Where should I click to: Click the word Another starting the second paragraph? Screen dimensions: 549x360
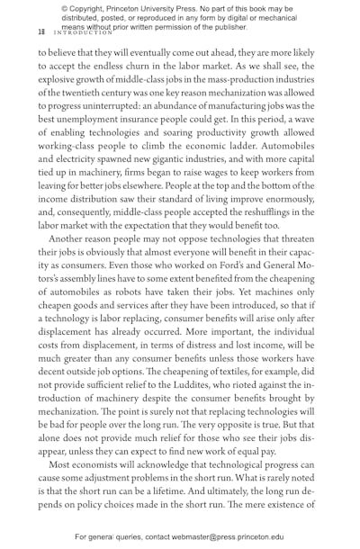tap(68, 239)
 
